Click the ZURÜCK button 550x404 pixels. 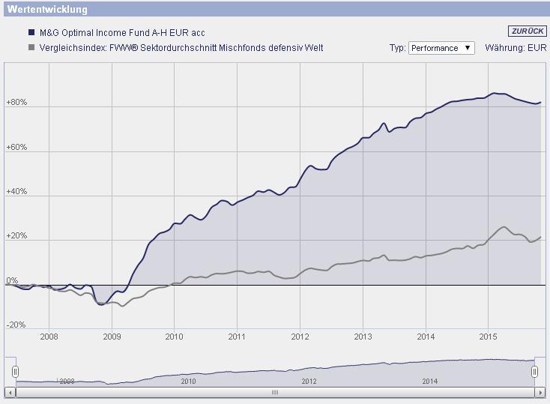(x=527, y=31)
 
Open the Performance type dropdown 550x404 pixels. (x=441, y=48)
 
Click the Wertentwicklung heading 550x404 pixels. (x=47, y=10)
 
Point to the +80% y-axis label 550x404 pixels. (x=16, y=103)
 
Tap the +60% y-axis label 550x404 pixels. (x=16, y=148)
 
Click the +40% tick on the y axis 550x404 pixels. (x=16, y=192)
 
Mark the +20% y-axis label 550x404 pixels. (x=16, y=236)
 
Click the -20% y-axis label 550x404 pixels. (x=16, y=325)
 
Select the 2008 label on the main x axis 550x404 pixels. (x=49, y=337)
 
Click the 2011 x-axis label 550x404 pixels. (x=237, y=337)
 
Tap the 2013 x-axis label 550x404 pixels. (x=363, y=337)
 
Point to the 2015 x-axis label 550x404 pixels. (x=488, y=337)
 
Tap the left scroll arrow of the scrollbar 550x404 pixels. (x=9, y=392)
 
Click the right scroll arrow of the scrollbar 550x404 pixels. (x=540, y=392)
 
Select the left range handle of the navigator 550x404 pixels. (x=15, y=372)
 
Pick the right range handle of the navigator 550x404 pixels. (x=534, y=372)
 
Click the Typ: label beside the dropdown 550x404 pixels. (x=397, y=48)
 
